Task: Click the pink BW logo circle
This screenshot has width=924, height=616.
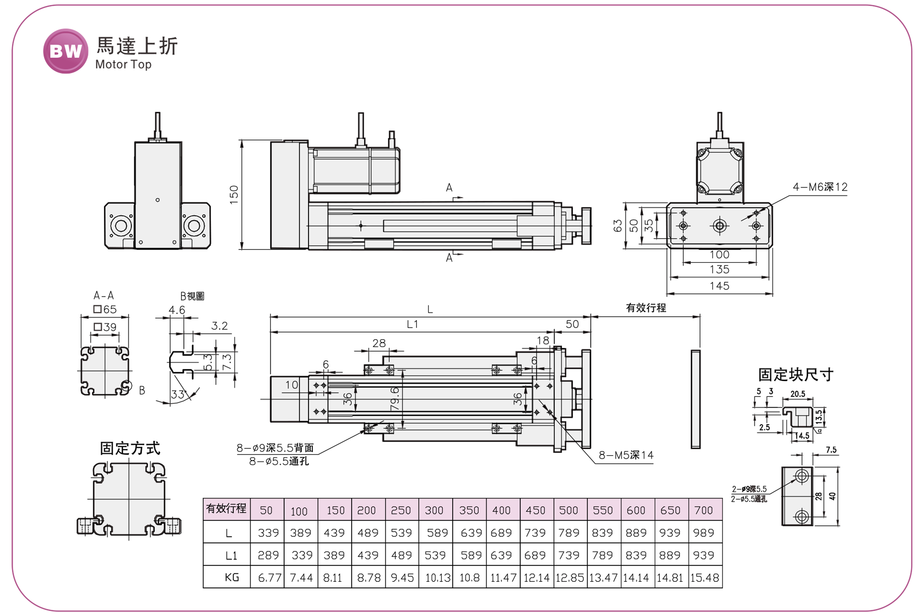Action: coord(66,51)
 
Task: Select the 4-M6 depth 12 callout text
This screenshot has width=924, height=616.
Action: coord(820,187)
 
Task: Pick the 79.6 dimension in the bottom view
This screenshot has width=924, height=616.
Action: coord(395,399)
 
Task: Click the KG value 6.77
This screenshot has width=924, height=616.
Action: coord(270,577)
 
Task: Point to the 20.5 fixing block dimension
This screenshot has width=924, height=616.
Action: coord(798,394)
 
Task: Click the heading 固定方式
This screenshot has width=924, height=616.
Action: coord(130,448)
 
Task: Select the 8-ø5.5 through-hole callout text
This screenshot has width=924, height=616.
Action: coord(279,461)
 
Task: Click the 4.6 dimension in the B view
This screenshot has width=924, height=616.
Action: coord(177,310)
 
